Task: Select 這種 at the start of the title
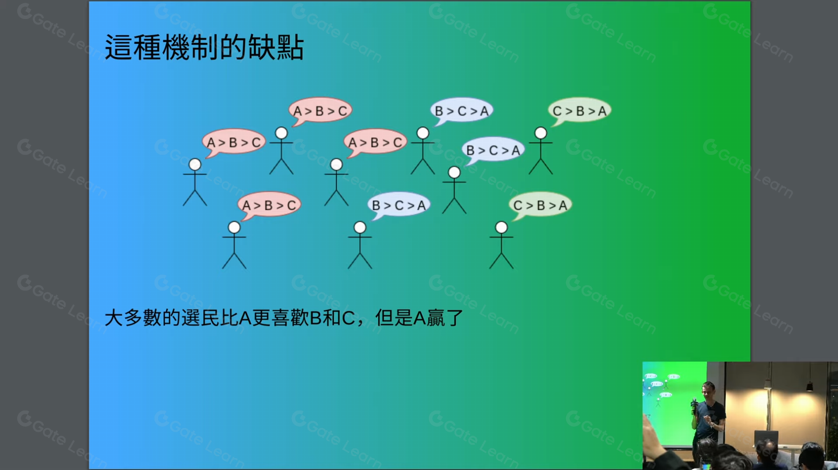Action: (133, 47)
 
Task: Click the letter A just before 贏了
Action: (419, 318)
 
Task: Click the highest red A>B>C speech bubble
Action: (320, 110)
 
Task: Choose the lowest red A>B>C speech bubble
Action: (269, 205)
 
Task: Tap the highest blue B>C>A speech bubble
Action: (462, 110)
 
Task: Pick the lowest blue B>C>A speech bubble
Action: (399, 205)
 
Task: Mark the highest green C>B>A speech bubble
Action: (579, 110)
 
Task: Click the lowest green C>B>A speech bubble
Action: (540, 205)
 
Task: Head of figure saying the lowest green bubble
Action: (501, 227)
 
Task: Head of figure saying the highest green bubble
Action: (540, 133)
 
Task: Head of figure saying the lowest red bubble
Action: (234, 227)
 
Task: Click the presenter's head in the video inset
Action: (708, 390)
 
